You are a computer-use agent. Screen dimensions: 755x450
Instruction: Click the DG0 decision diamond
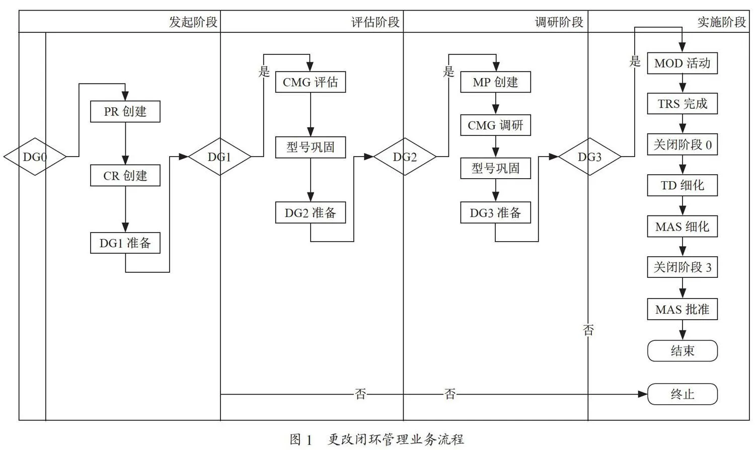coord(35,157)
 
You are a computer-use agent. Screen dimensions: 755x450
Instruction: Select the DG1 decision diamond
coord(220,157)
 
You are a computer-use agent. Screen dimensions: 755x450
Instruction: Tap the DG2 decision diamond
coord(405,157)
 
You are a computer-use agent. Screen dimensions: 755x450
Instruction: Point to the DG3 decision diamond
coord(590,157)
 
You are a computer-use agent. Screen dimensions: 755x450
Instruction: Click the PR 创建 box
coord(125,111)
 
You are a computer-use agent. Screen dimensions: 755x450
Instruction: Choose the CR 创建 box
coord(125,175)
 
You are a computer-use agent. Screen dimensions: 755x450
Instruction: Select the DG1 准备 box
coord(125,243)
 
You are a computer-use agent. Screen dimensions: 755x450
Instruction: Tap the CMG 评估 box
coord(311,82)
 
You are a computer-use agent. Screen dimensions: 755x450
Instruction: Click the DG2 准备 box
coord(311,212)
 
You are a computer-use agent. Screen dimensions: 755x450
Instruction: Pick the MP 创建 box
coord(495,82)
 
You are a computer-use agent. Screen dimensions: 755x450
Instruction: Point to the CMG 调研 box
coord(495,125)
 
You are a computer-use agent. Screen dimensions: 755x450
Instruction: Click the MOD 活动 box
coord(682,63)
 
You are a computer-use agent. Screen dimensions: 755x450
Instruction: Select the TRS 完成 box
coord(682,104)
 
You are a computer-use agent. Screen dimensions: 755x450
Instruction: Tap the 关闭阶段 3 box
coord(682,267)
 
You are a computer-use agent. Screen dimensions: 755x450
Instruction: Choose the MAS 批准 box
coord(682,309)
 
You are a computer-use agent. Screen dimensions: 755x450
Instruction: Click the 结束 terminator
coord(682,350)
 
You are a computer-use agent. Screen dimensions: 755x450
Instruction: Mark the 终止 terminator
coord(682,394)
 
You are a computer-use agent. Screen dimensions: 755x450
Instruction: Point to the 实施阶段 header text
coord(722,22)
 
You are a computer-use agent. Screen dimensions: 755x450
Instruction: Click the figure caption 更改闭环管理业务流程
coord(396,439)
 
